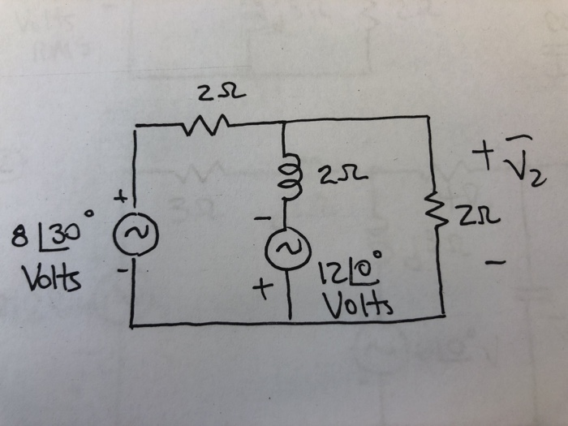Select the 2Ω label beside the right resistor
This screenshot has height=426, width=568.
pyautogui.click(x=483, y=217)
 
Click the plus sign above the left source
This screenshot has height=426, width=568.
pyautogui.click(x=122, y=197)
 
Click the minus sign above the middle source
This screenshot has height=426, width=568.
pyautogui.click(x=260, y=219)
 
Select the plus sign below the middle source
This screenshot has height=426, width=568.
pyautogui.click(x=262, y=289)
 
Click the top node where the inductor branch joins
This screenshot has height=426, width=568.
pyautogui.click(x=285, y=122)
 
